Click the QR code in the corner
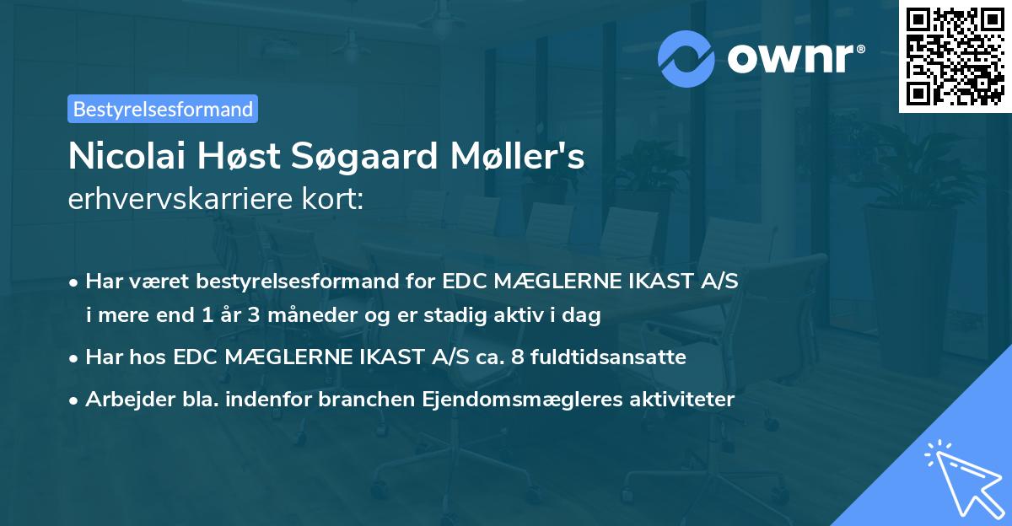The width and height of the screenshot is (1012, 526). point(955,56)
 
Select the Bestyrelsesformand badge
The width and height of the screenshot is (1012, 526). point(163,109)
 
